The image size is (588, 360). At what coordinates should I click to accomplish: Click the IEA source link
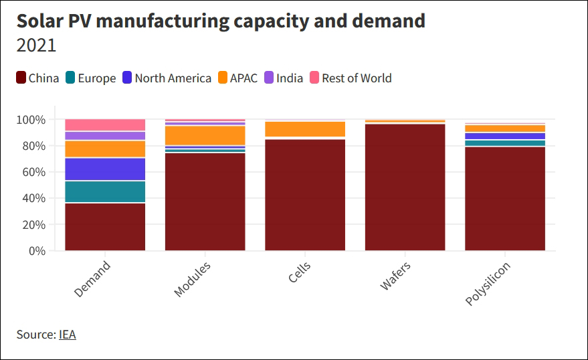pyautogui.click(x=67, y=335)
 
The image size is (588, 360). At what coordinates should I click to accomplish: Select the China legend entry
pyautogui.click(x=37, y=78)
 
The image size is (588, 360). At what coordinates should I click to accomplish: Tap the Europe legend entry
pyautogui.click(x=91, y=78)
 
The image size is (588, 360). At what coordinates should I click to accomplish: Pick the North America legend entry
pyautogui.click(x=167, y=78)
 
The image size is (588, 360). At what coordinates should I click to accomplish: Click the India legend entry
pyautogui.click(x=283, y=78)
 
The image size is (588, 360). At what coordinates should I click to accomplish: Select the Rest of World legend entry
pyautogui.click(x=351, y=78)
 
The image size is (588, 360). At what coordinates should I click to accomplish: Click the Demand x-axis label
pyautogui.click(x=93, y=279)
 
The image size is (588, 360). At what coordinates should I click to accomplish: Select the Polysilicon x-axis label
pyautogui.click(x=488, y=284)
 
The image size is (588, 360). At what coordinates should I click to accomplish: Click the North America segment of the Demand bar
pyautogui.click(x=105, y=169)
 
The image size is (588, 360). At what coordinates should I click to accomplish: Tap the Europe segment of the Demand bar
pyautogui.click(x=105, y=191)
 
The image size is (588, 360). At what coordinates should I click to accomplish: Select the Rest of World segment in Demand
pyautogui.click(x=105, y=124)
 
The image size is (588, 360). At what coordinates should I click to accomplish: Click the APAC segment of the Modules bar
pyautogui.click(x=205, y=134)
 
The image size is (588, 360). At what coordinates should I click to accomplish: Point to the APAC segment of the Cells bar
pyautogui.click(x=305, y=128)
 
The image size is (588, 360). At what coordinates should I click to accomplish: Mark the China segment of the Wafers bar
pyautogui.click(x=405, y=187)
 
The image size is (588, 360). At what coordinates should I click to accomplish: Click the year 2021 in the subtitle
pyautogui.click(x=36, y=46)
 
